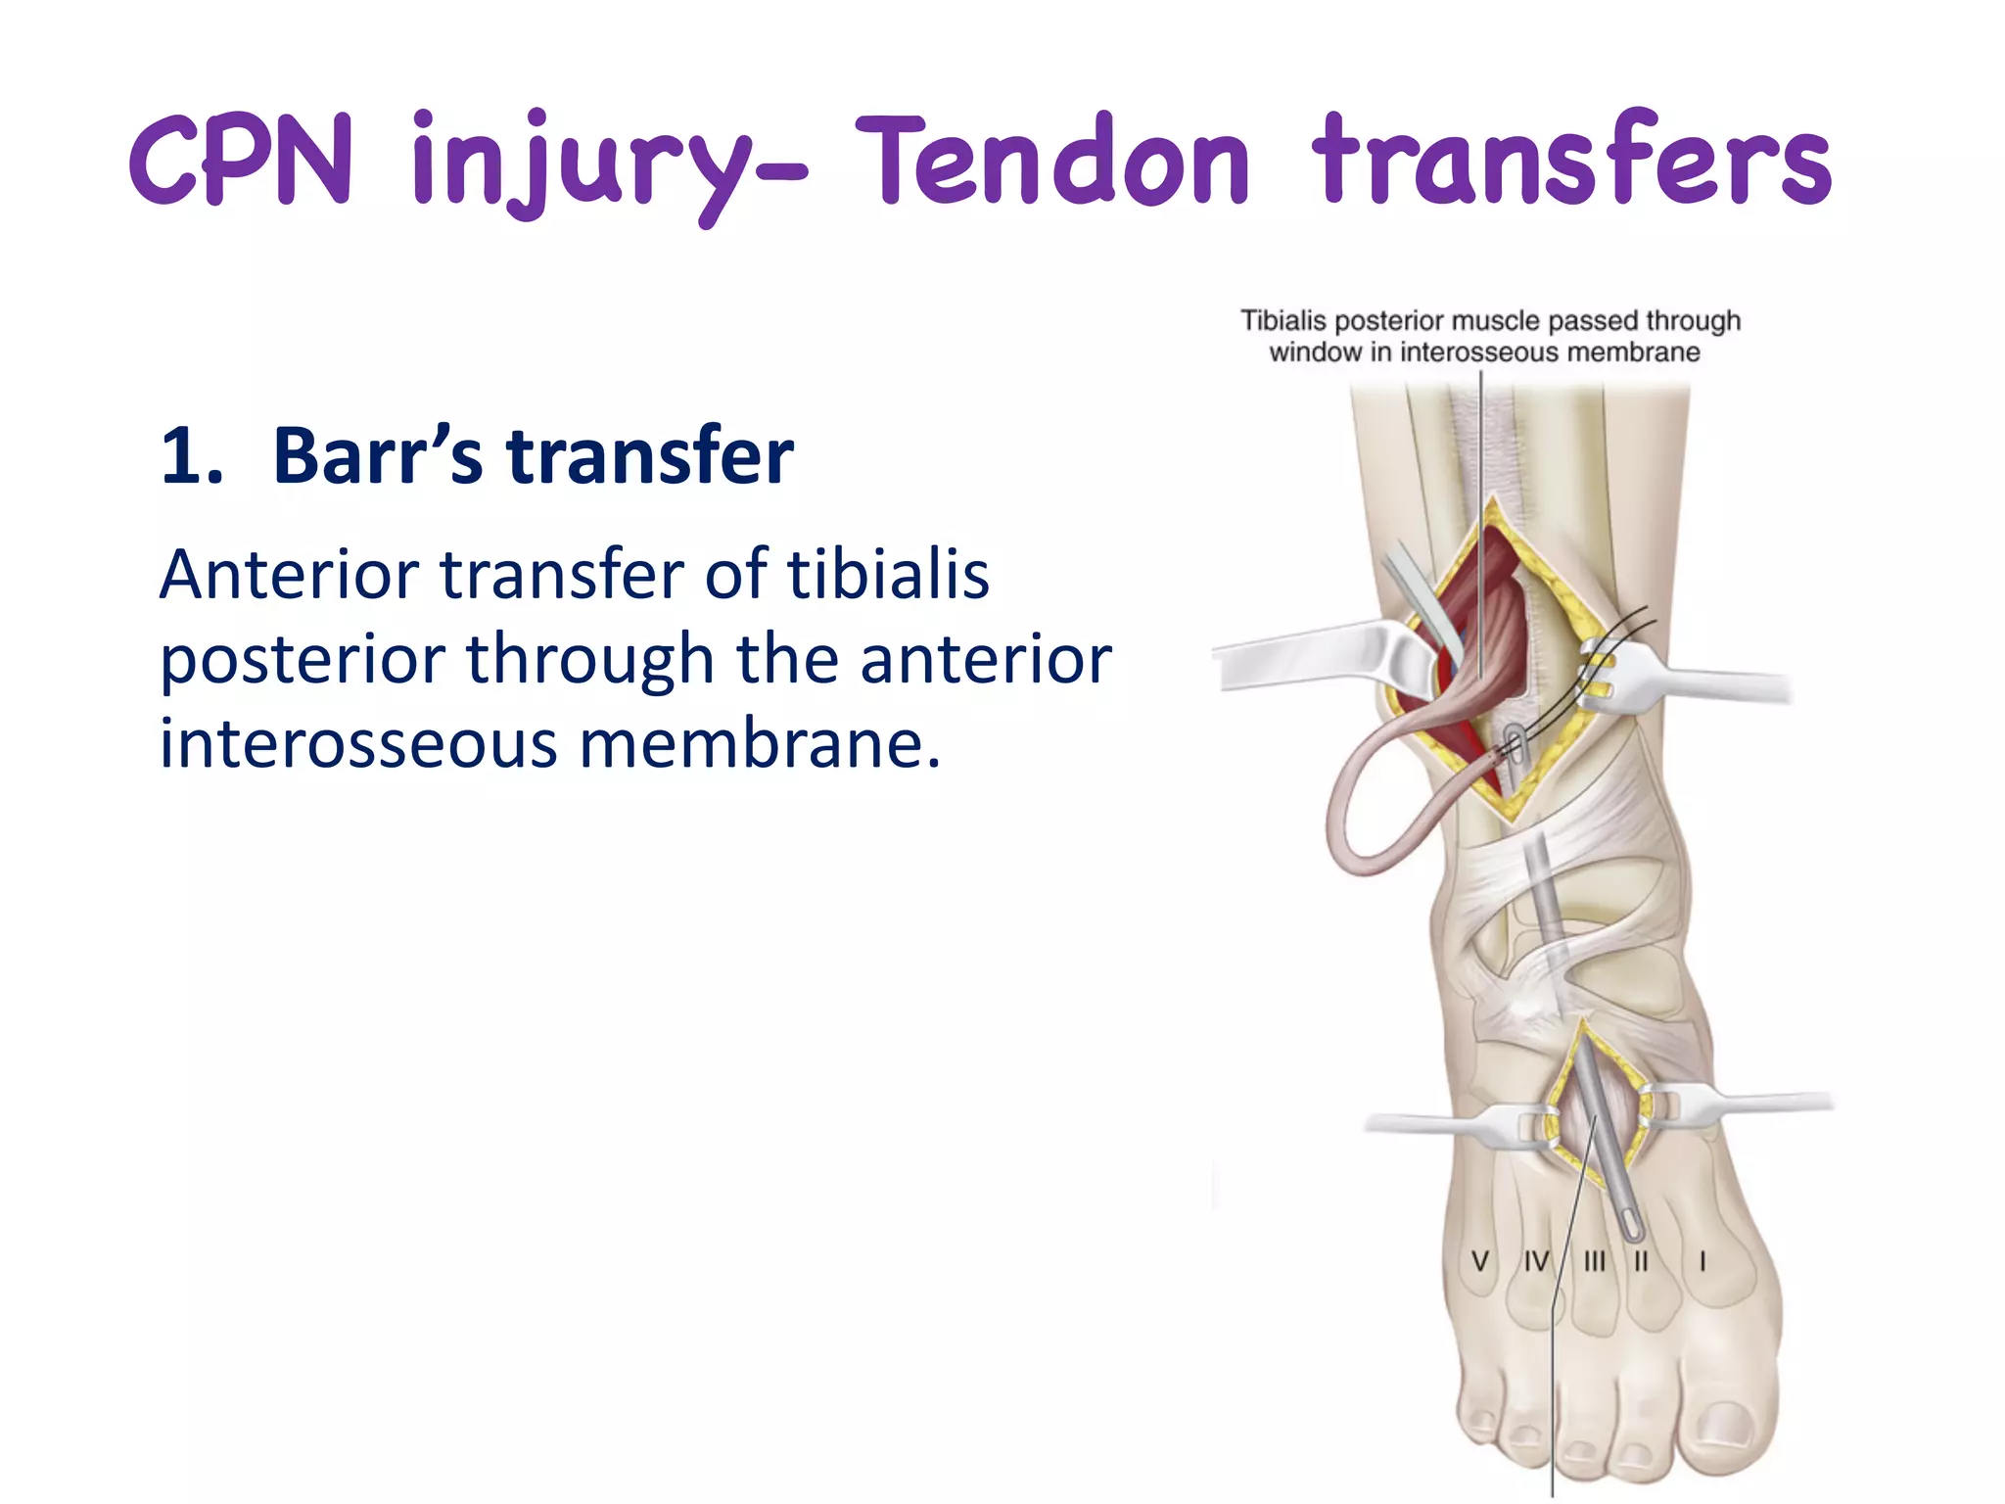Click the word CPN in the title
point(240,162)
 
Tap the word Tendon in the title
point(1052,162)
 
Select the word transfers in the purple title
point(1571,162)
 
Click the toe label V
point(1480,1261)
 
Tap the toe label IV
point(1537,1261)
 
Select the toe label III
point(1595,1261)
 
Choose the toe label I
point(1702,1261)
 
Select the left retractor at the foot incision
point(1449,1126)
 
